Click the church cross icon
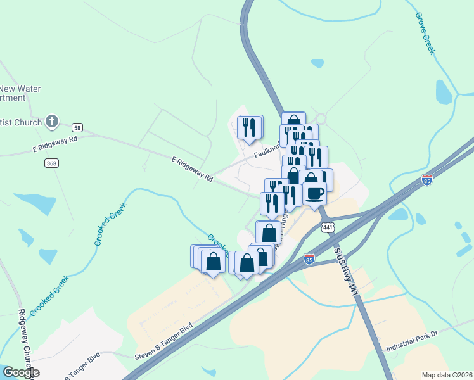tap(53, 121)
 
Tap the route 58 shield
tap(77, 127)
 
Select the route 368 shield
tap(51, 163)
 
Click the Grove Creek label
tap(425, 32)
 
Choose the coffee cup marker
tap(314, 193)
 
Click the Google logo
tap(21, 372)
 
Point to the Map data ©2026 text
tap(447, 375)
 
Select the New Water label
tap(20, 89)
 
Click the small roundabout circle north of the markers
tap(320, 118)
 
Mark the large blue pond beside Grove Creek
tap(444, 92)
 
